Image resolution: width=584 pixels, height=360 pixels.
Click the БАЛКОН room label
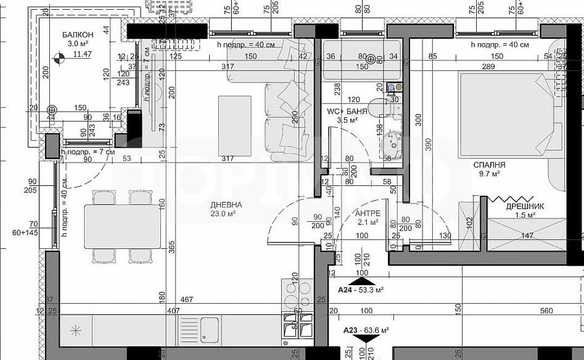click(x=74, y=34)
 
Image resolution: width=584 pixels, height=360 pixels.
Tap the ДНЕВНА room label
click(x=226, y=205)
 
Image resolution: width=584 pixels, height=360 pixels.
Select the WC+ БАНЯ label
click(x=347, y=111)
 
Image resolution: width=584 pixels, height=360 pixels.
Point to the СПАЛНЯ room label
click(x=489, y=164)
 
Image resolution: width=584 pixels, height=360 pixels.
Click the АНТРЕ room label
click(x=368, y=213)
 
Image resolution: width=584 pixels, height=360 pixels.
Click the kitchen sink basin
click(x=209, y=327)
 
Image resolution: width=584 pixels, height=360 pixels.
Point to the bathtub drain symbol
click(x=371, y=59)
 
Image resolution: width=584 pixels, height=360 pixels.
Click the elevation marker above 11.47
click(x=60, y=55)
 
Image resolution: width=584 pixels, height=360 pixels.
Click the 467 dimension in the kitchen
click(x=186, y=300)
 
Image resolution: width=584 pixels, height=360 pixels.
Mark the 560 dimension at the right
click(x=546, y=311)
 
